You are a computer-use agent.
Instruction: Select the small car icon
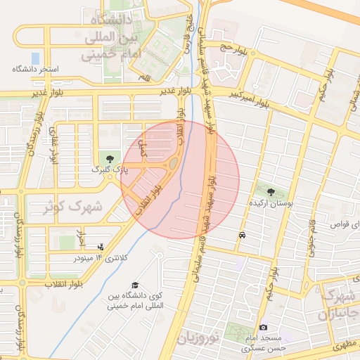click(242, 236)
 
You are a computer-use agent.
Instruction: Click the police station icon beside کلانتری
click(101, 247)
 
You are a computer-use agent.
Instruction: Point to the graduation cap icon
click(134, 285)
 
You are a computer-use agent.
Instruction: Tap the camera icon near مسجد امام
click(264, 327)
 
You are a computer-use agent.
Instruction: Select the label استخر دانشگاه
click(35, 70)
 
